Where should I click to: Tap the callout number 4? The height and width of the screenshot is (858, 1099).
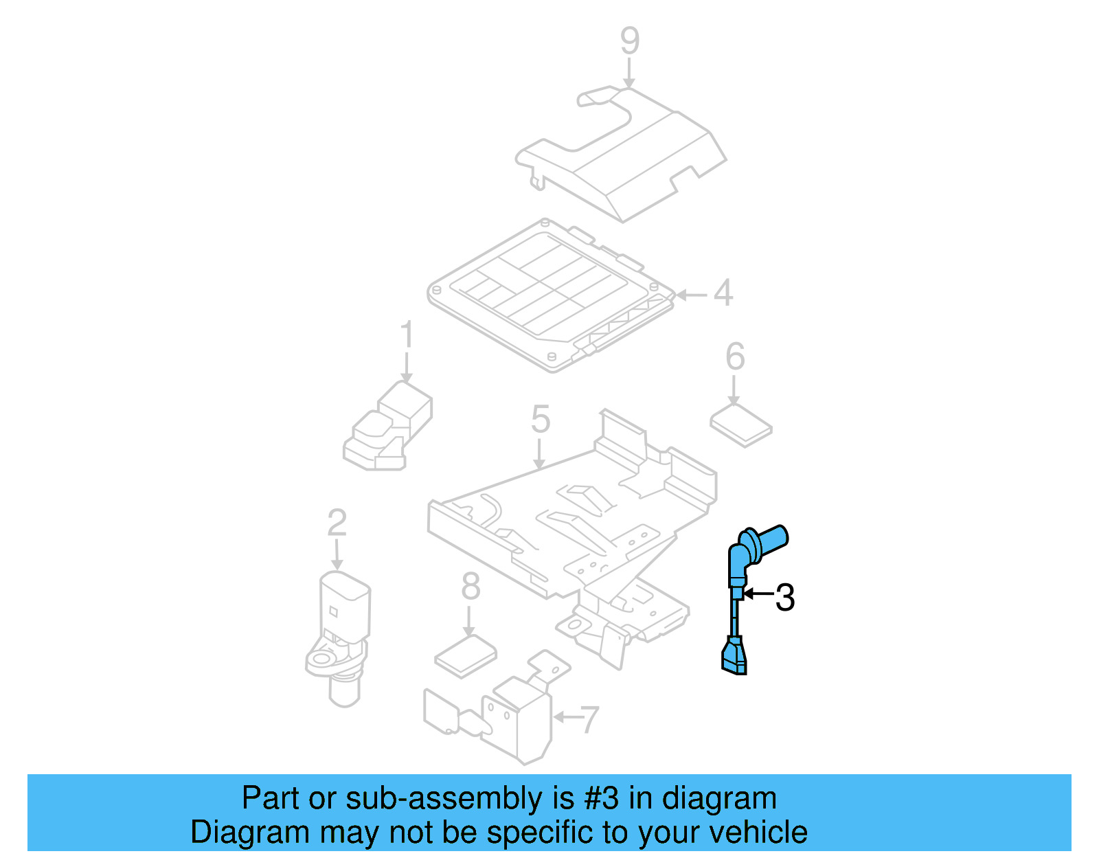pyautogui.click(x=723, y=293)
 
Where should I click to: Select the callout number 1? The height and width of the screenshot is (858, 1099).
pyautogui.click(x=407, y=335)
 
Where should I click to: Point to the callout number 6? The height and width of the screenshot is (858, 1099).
pyautogui.click(x=735, y=357)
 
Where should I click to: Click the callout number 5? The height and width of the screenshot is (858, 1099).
pyautogui.click(x=541, y=419)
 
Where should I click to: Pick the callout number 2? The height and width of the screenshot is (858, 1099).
pyautogui.click(x=337, y=523)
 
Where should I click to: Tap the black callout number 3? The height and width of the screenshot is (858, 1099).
pyautogui.click(x=785, y=597)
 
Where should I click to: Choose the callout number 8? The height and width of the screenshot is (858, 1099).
pyautogui.click(x=471, y=587)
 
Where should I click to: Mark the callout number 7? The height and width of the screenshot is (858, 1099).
pyautogui.click(x=589, y=719)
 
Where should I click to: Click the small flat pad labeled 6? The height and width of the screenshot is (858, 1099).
pyautogui.click(x=740, y=425)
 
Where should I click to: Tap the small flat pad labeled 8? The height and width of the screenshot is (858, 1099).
pyautogui.click(x=466, y=655)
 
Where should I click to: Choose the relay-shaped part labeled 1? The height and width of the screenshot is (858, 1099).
pyautogui.click(x=388, y=429)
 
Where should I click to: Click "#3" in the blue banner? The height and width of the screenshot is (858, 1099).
pyautogui.click(x=602, y=798)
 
